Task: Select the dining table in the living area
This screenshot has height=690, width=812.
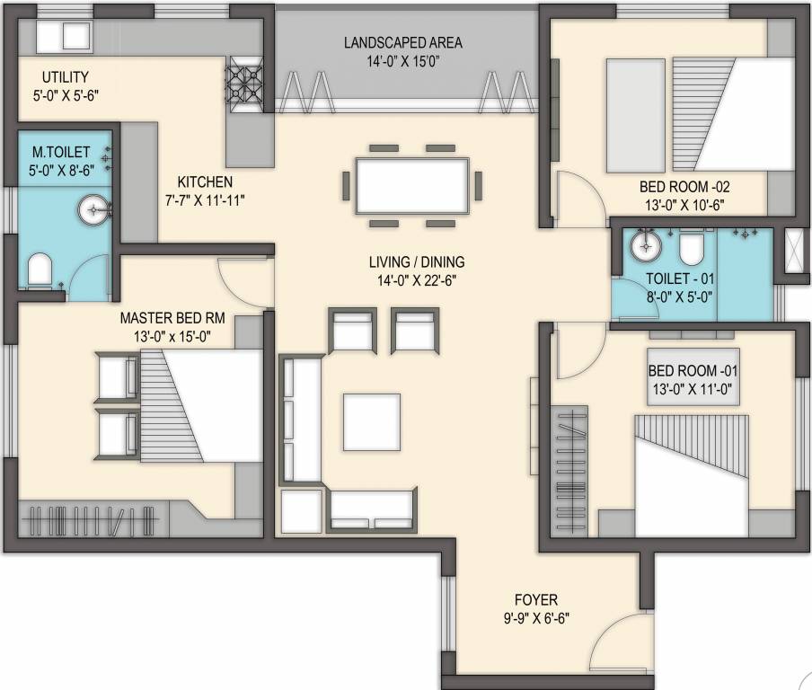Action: click(x=412, y=186)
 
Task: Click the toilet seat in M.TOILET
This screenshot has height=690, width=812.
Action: click(x=39, y=270)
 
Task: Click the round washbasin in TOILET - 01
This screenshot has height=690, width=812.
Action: click(x=646, y=244)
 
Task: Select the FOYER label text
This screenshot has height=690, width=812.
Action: click(x=536, y=600)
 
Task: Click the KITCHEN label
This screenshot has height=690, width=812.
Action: click(x=205, y=182)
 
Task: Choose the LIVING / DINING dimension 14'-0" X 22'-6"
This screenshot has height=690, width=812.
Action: click(x=417, y=279)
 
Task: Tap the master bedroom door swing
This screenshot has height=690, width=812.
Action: click(x=243, y=281)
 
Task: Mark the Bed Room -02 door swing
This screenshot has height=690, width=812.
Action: click(x=575, y=196)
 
